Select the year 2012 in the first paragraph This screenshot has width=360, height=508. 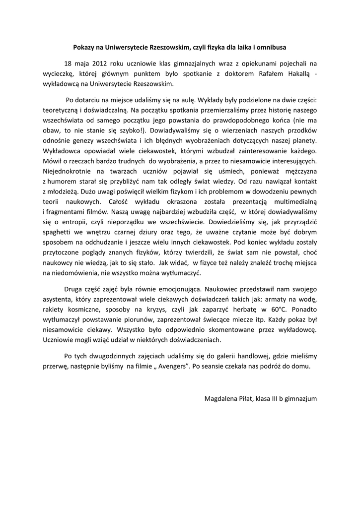(x=97, y=63)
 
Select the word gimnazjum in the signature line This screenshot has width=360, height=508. (x=300, y=398)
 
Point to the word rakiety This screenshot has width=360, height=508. (x=54, y=309)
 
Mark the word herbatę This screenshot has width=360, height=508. (x=238, y=309)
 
